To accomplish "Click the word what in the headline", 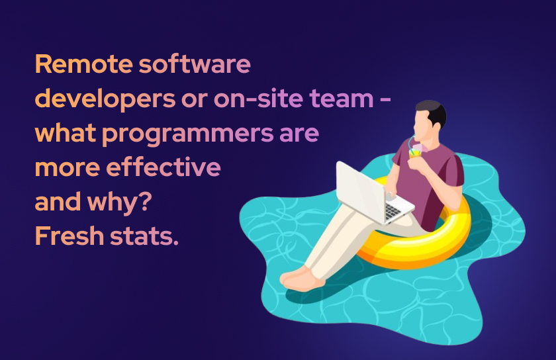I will coord(66,134).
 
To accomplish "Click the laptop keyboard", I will coord(394,209).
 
